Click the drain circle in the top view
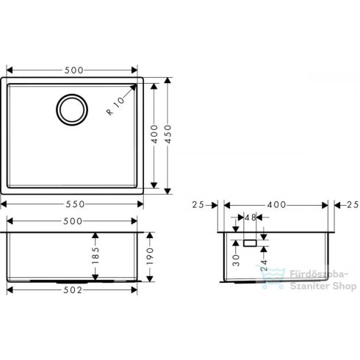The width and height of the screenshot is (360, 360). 71,110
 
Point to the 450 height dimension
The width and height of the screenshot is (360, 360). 171,134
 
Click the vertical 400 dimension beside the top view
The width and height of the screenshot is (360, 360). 154,134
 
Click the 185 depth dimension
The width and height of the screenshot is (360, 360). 96,257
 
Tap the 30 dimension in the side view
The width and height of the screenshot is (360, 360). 234,258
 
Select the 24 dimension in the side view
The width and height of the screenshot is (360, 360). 264,259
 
